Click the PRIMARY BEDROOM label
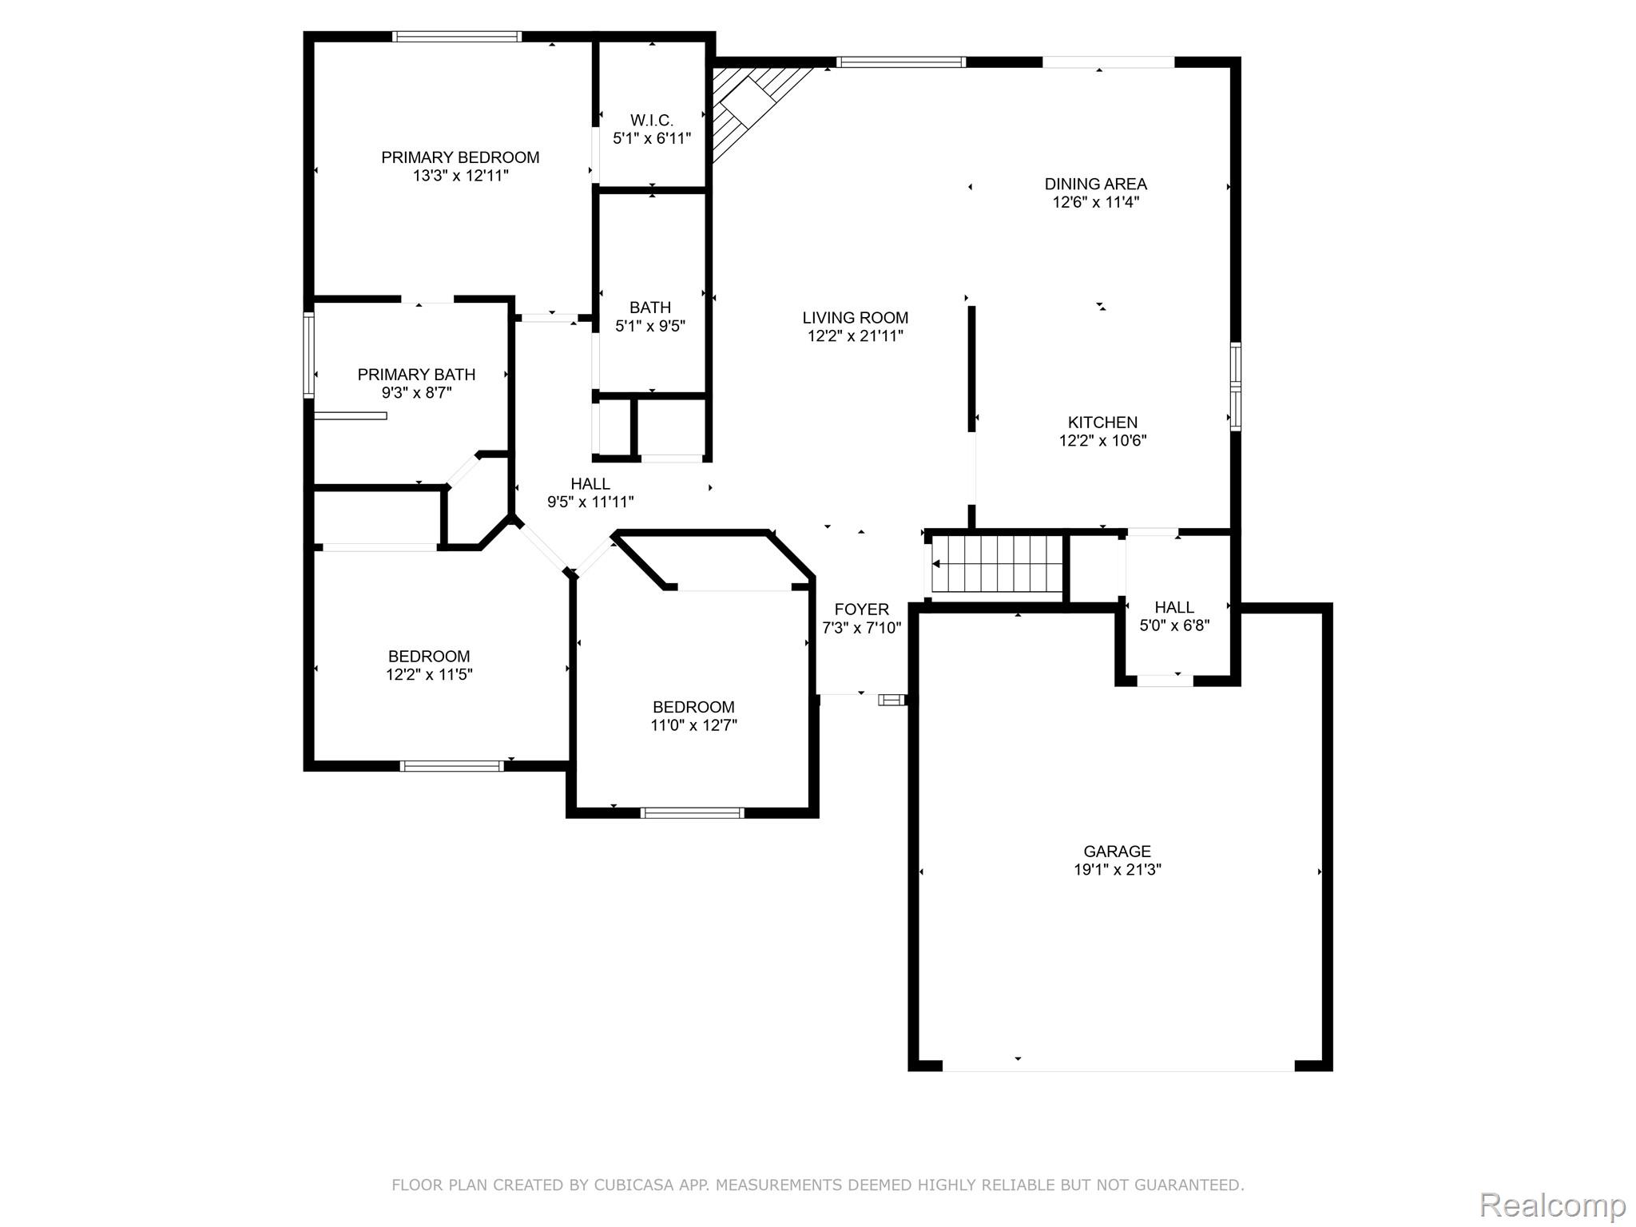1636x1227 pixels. click(x=460, y=157)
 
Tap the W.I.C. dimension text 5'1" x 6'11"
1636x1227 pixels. click(x=652, y=138)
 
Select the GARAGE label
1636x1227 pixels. click(x=1117, y=852)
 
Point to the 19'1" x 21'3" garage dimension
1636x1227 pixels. click(x=1117, y=870)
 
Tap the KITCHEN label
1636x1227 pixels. click(x=1102, y=423)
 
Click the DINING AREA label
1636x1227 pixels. click(x=1095, y=184)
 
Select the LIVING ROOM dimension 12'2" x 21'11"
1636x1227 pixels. click(x=855, y=336)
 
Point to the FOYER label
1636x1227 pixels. click(x=861, y=610)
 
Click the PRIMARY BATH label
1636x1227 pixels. click(x=416, y=375)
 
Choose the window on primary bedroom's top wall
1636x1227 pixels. click(x=457, y=37)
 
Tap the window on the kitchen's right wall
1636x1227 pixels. click(x=1235, y=387)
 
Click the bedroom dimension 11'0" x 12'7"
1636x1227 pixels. click(x=693, y=725)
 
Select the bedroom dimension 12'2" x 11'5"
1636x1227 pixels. click(x=429, y=675)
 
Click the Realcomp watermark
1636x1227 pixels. click(x=1552, y=1205)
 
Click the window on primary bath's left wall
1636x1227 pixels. click(x=308, y=355)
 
